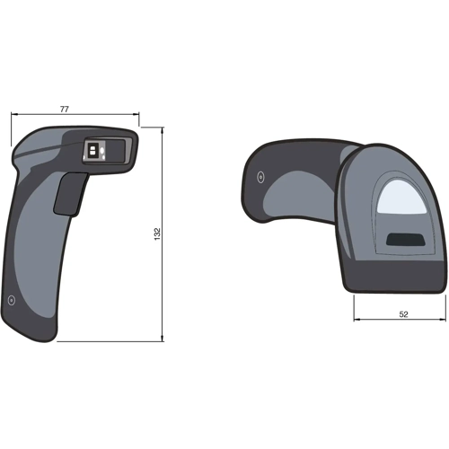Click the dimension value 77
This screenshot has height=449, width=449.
65,109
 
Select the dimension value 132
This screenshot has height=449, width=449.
156,233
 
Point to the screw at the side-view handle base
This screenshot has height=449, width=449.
11,300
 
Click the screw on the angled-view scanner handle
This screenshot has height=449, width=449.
260,176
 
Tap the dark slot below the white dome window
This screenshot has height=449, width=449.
405,239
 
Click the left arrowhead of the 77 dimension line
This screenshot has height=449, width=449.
14,115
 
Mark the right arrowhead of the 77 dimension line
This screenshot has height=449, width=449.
136,115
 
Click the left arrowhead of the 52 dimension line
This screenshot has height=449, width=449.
357,321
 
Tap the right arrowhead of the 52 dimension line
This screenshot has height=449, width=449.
443,321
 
